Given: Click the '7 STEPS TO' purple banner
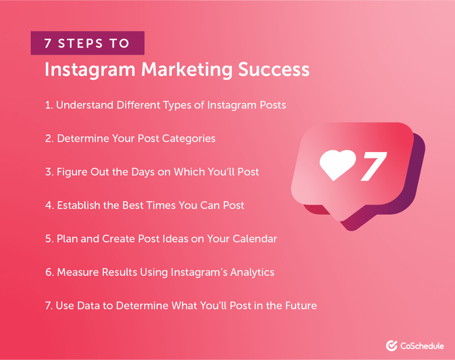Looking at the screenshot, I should click(x=87, y=43).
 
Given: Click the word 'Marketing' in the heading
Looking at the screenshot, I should click(x=186, y=69).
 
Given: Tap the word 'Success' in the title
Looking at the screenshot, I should click(x=273, y=69).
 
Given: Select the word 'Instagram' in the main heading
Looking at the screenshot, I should click(x=90, y=69).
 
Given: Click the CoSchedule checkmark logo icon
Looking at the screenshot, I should click(x=391, y=346).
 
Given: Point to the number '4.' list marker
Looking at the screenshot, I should click(x=49, y=205).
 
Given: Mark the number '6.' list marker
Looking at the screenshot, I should click(x=49, y=272).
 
